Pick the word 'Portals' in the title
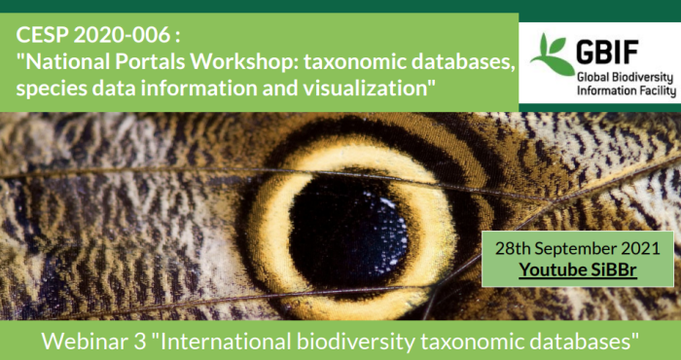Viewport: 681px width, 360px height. click(x=152, y=62)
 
